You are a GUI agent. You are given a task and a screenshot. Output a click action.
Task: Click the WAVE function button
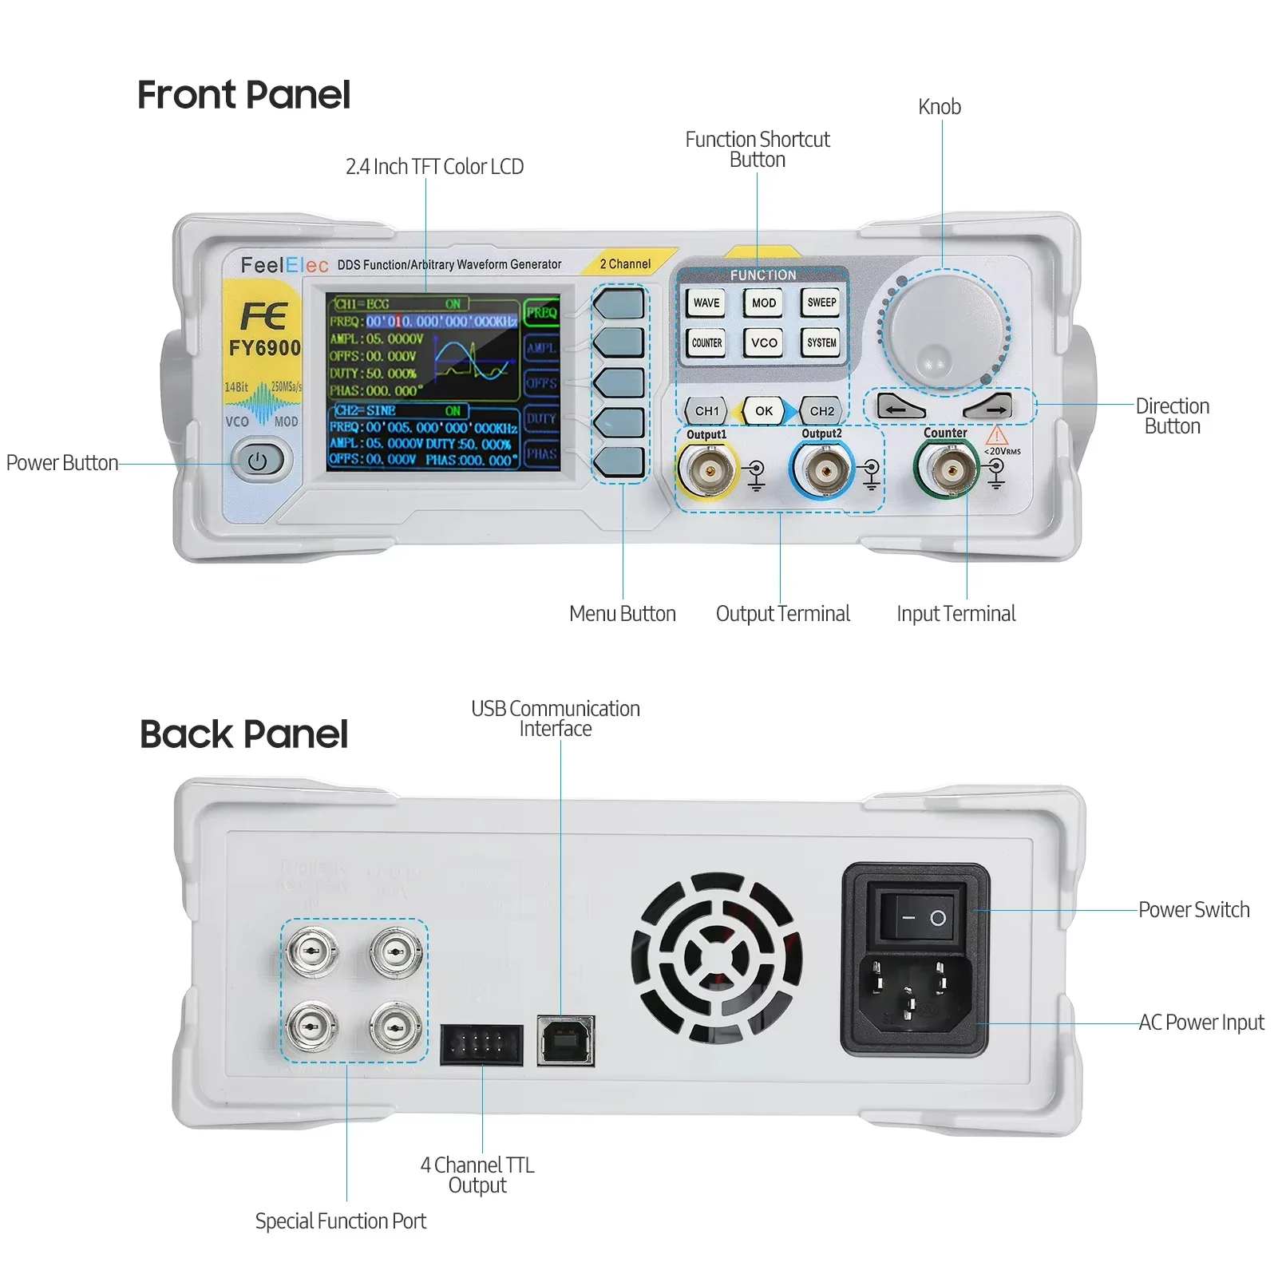(x=706, y=303)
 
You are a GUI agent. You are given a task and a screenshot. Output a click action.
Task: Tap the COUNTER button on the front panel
(x=706, y=342)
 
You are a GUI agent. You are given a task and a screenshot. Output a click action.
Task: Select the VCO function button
(x=764, y=342)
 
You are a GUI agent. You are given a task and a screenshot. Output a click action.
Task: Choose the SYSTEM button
(x=821, y=342)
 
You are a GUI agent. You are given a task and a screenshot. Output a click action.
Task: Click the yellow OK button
(x=764, y=410)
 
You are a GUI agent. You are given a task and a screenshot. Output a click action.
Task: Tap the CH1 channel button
(x=706, y=410)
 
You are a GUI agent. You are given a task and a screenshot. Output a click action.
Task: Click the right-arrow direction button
(x=989, y=407)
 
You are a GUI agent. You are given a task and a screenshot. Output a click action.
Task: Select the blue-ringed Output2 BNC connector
(x=823, y=471)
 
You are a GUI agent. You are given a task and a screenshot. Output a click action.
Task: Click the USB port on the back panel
(x=566, y=1040)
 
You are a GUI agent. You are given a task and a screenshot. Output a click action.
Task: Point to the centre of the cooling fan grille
(x=716, y=956)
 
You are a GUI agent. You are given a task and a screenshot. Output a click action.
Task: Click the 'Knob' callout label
(x=939, y=107)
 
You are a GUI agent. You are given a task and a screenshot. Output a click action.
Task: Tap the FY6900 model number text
(x=264, y=348)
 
